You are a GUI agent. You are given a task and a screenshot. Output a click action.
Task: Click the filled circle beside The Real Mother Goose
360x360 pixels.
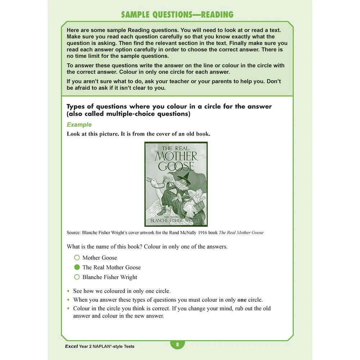(x=77, y=267)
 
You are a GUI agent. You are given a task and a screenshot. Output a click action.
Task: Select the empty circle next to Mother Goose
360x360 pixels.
(x=77, y=258)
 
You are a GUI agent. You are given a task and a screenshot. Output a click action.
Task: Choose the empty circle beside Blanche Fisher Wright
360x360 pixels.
(x=77, y=277)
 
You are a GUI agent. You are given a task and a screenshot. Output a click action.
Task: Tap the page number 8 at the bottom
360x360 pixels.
(x=177, y=345)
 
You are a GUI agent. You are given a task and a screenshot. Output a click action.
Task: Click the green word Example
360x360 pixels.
(x=79, y=125)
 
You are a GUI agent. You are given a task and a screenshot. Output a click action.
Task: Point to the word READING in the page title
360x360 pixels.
(x=217, y=15)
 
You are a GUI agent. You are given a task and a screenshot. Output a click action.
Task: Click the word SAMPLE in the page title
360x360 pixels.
(x=136, y=15)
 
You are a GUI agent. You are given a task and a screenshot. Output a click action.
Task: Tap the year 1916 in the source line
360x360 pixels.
(x=211, y=233)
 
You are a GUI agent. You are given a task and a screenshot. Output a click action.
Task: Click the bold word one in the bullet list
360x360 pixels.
(x=243, y=300)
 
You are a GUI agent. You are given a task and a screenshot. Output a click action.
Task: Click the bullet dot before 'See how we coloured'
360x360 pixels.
(x=68, y=291)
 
